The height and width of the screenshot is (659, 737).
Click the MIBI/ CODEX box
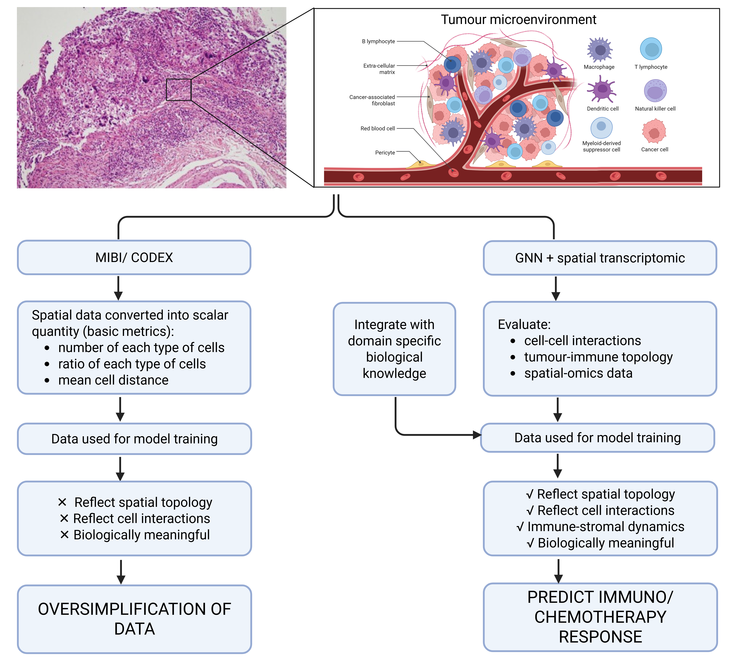click(134, 257)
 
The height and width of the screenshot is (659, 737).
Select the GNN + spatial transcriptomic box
click(600, 258)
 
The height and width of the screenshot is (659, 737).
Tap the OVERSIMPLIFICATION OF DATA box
click(134, 619)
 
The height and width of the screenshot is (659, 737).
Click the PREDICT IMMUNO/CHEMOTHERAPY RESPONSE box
click(600, 617)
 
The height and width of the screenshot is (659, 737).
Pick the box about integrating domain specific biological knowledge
click(394, 349)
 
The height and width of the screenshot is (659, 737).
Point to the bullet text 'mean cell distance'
click(113, 380)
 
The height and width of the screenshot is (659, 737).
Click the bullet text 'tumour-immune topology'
click(598, 357)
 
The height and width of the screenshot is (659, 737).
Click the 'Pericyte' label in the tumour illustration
click(385, 153)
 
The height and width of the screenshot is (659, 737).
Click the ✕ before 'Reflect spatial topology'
click(62, 502)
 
